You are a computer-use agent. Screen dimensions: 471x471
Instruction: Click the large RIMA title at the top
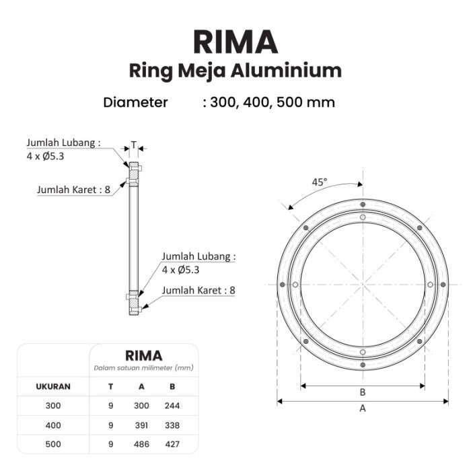[x=235, y=42]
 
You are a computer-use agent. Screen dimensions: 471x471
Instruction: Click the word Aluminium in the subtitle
[x=286, y=71]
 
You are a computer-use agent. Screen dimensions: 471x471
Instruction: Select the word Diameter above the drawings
[x=135, y=102]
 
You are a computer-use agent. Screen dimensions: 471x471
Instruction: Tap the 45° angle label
[x=320, y=182]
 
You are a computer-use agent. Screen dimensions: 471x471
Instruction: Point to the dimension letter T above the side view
[x=134, y=145]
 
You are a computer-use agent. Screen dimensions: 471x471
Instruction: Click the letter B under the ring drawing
[x=363, y=392]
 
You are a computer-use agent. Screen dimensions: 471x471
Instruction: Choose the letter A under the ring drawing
[x=363, y=408]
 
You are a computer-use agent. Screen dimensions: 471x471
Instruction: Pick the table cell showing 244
[x=172, y=406]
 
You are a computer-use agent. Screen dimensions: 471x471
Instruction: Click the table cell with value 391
[x=141, y=425]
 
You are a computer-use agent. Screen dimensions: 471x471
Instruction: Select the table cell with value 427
[x=172, y=444]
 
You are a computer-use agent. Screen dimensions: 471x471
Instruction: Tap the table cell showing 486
[x=141, y=444]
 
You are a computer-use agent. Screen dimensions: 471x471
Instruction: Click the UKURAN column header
[x=53, y=387]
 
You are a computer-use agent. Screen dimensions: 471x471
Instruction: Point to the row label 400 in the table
[x=53, y=425]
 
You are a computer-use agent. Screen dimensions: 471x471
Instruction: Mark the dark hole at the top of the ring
[x=363, y=205]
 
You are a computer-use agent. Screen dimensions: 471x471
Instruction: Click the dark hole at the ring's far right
[x=443, y=285]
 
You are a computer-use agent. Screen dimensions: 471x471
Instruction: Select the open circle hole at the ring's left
[x=295, y=285]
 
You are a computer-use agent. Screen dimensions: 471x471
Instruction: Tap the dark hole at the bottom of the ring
[x=363, y=365]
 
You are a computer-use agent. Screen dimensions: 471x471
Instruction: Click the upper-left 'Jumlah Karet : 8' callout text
[x=73, y=190]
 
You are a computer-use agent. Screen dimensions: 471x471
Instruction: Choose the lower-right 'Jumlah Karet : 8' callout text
[x=198, y=291]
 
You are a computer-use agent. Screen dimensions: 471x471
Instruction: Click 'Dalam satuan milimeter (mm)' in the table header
[x=143, y=368]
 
